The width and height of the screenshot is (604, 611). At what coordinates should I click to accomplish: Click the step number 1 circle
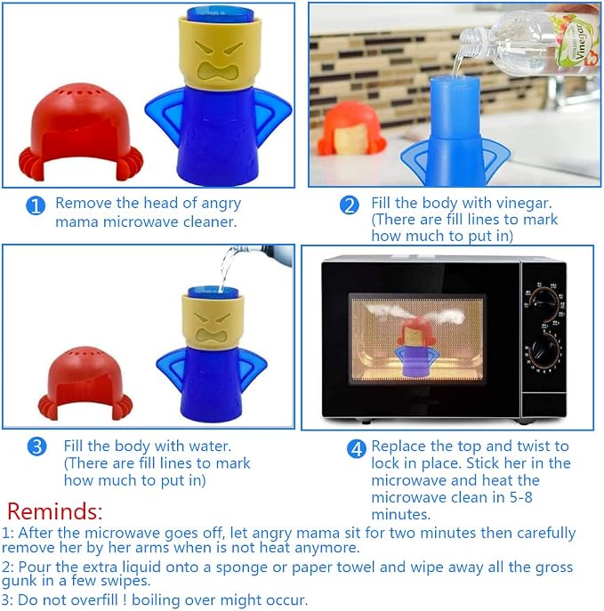pyautogui.click(x=36, y=205)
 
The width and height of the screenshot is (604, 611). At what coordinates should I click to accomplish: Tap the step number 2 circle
pyautogui.click(x=350, y=205)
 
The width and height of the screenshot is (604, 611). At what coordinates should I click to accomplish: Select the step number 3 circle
pyautogui.click(x=37, y=446)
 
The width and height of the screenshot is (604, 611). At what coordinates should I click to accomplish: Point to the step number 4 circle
pyautogui.click(x=357, y=449)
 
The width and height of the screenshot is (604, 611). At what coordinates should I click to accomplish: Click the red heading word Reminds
pyautogui.click(x=54, y=511)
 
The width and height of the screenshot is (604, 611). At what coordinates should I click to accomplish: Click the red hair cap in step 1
pyautogui.click(x=81, y=133)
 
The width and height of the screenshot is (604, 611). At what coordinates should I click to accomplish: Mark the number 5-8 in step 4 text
pyautogui.click(x=521, y=497)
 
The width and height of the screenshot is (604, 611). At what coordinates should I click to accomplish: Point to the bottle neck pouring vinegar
pyautogui.click(x=472, y=43)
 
